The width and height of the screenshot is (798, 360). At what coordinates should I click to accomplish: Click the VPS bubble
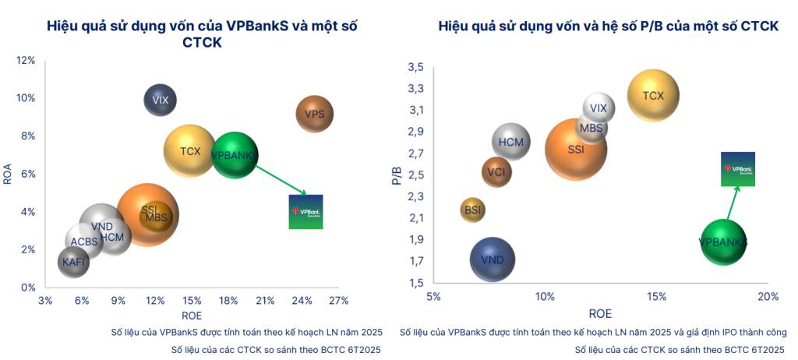coord(315,115)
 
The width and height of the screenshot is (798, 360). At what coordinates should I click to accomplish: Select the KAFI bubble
coord(73,263)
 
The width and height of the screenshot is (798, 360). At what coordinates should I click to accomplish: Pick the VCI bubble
coord(496,172)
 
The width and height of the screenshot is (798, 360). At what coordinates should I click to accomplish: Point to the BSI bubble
coord(473,210)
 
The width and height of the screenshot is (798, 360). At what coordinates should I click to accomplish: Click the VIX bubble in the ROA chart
coord(161,100)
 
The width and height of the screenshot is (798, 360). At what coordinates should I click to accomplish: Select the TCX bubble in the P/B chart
coord(653,96)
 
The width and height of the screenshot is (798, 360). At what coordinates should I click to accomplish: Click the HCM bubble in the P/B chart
coord(511,143)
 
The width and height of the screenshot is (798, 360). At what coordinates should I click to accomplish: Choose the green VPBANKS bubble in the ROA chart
coord(234,155)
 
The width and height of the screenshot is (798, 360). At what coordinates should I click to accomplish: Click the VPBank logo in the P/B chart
coord(737,169)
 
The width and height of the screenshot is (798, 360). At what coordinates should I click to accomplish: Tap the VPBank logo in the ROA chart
coord(305,211)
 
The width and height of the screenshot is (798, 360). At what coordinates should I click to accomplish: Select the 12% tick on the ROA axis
coord(26,61)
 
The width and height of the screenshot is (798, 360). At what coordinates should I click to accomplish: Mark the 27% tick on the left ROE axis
coord(338,301)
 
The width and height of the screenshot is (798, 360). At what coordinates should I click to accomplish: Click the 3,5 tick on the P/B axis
coord(415,68)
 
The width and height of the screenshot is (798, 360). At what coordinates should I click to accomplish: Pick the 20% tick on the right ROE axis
coord(768,296)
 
